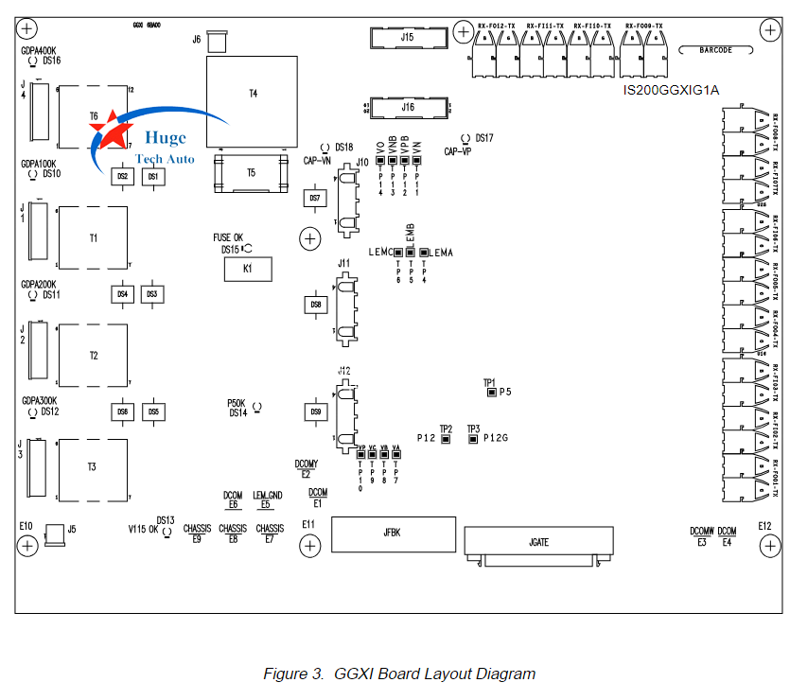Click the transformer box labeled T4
coord(253,95)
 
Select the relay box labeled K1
coord(247,270)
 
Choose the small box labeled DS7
coord(315,198)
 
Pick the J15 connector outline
coord(408,38)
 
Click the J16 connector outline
coord(408,108)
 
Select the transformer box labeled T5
coord(251,173)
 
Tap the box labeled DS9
coord(315,412)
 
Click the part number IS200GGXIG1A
coord(671,91)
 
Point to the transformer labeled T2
coord(93,356)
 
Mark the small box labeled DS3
coord(151,295)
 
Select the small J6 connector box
coord(216,41)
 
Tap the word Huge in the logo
coord(167,139)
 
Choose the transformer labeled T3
coord(92,467)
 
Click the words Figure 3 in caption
coord(293,674)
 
